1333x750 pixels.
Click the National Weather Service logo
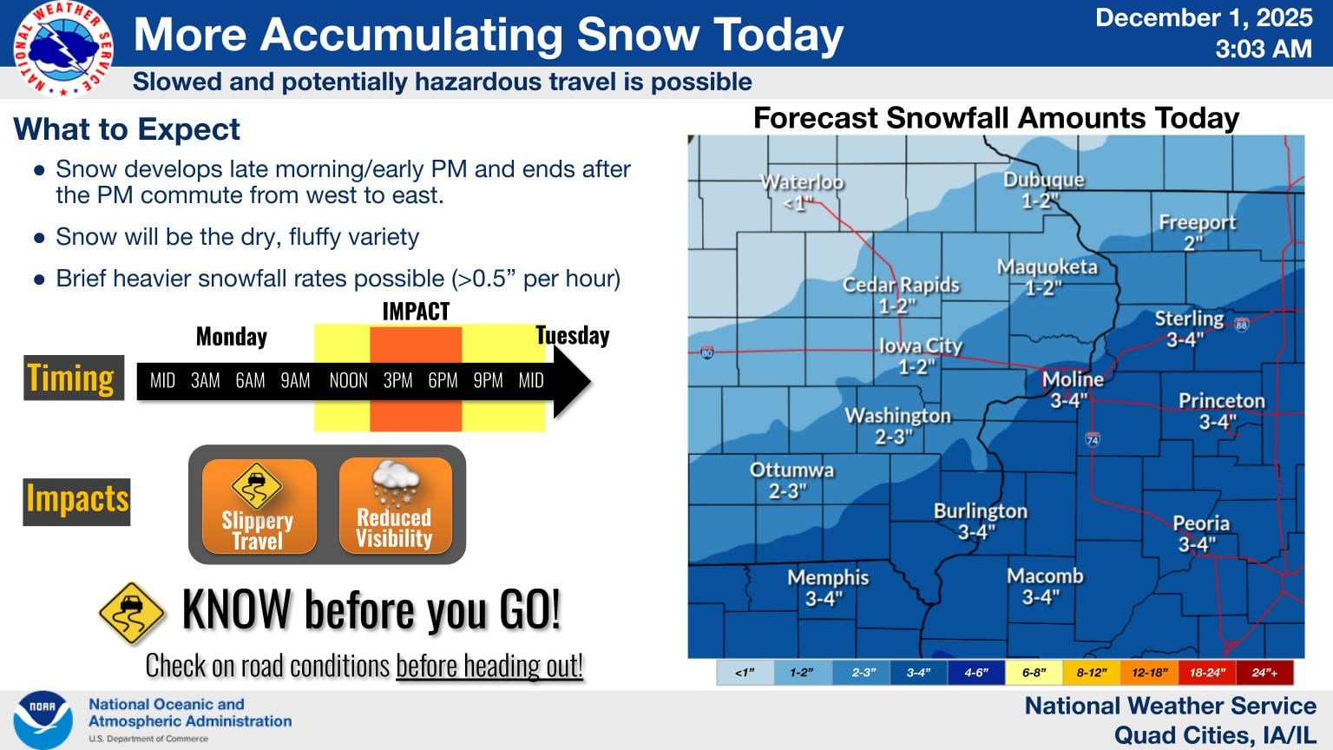point(62,49)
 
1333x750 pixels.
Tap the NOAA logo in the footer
point(43,720)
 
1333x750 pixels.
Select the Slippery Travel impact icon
point(259,507)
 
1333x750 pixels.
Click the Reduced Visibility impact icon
point(395,507)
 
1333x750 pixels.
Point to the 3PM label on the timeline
point(397,380)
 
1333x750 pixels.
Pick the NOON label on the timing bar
point(348,380)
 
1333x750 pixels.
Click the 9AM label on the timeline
point(295,380)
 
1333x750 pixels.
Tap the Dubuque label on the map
point(1043,181)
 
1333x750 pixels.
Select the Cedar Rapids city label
point(901,285)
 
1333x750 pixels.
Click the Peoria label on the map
point(1200,523)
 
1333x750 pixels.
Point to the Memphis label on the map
point(828,577)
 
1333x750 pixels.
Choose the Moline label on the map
point(1073,379)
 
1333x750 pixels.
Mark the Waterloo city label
point(802,182)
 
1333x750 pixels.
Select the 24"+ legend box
point(1264,673)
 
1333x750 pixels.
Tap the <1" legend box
point(745,673)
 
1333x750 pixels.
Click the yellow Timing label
point(72,378)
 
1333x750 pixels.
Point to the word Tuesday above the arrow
point(572,336)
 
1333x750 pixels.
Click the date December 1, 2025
point(1204,18)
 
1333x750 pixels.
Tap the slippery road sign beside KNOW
point(131,613)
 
